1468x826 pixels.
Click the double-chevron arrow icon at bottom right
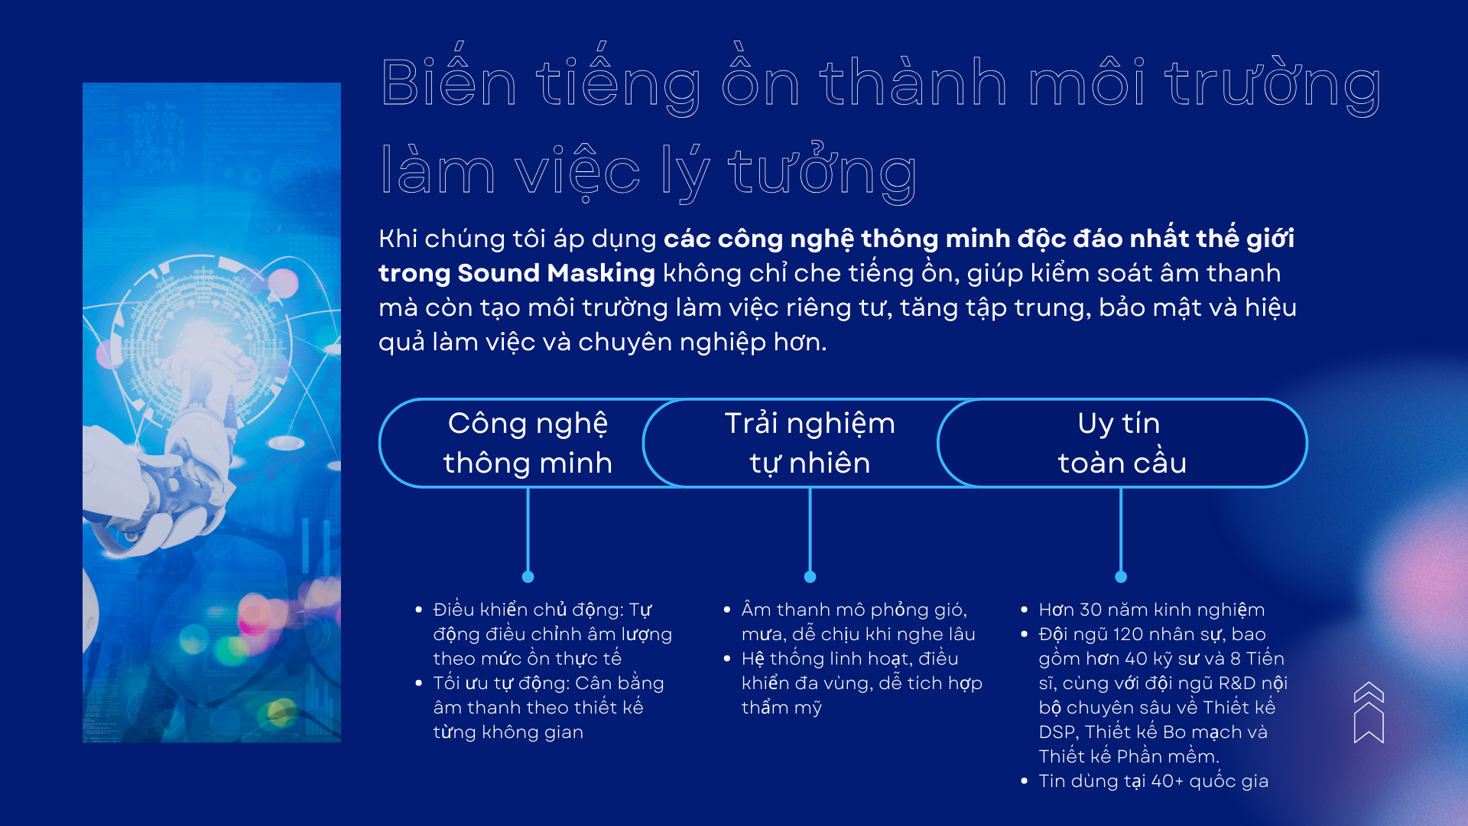point(1369,712)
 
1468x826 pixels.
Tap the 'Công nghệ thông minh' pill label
point(528,443)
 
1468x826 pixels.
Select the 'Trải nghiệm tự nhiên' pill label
point(810,443)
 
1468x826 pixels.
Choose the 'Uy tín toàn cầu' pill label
point(1122,443)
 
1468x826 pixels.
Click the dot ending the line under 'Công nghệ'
point(528,577)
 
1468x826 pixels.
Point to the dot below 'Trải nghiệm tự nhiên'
point(810,577)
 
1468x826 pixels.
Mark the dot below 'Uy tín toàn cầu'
point(1121,577)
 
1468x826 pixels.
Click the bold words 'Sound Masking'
point(556,273)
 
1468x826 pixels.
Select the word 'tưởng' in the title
point(822,172)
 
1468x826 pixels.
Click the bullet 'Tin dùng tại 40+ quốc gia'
point(1153,781)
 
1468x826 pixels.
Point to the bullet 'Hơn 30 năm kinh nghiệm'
point(1151,610)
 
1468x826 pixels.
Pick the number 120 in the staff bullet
point(1129,634)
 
